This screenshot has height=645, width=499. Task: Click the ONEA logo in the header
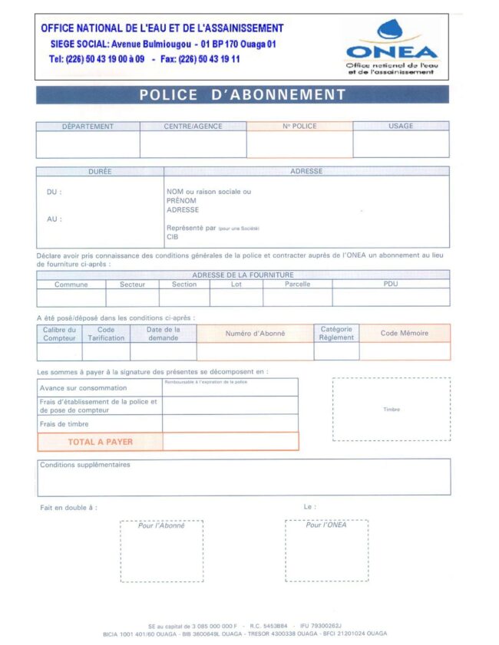point(392,48)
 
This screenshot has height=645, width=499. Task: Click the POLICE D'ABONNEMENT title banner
point(243,95)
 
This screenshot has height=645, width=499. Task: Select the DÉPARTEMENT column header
point(88,126)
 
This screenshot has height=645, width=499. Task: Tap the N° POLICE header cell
point(299,126)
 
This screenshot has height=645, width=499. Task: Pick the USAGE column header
point(401,126)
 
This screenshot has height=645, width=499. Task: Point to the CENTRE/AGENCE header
point(193,126)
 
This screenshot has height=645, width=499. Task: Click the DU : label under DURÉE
point(55,192)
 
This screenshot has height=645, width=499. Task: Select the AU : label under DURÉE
point(55,219)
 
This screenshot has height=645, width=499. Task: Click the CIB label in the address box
point(172,237)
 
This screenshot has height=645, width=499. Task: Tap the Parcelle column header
point(297,284)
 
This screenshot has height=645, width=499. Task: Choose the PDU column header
point(391,284)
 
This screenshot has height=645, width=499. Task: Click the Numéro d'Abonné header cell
point(255,333)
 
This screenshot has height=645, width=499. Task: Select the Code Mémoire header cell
point(405,333)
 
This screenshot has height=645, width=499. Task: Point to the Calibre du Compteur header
point(59,333)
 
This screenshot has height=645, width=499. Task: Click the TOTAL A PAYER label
point(100,441)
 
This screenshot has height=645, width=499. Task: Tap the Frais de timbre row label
point(64,423)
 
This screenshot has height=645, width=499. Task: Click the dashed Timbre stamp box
point(391,409)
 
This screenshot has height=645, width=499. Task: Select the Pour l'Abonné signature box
point(161,550)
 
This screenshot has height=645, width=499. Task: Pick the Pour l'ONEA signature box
point(326,550)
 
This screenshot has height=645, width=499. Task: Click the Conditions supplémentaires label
point(85,465)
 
